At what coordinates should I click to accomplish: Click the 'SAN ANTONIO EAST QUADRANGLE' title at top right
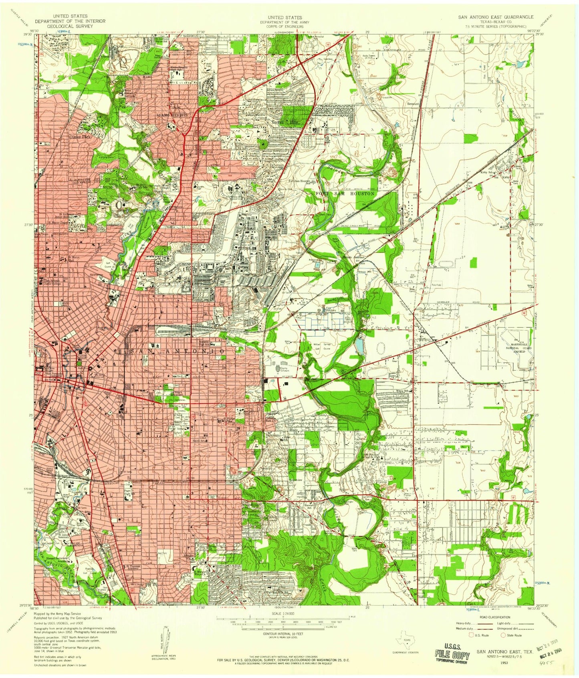click(496, 17)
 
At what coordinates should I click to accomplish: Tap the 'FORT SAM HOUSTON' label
click(345, 194)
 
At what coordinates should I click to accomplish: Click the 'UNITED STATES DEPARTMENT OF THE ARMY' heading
click(285, 20)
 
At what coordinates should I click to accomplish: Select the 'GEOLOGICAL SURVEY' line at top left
click(70, 26)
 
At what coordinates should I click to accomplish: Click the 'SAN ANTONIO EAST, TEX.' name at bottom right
click(505, 652)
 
